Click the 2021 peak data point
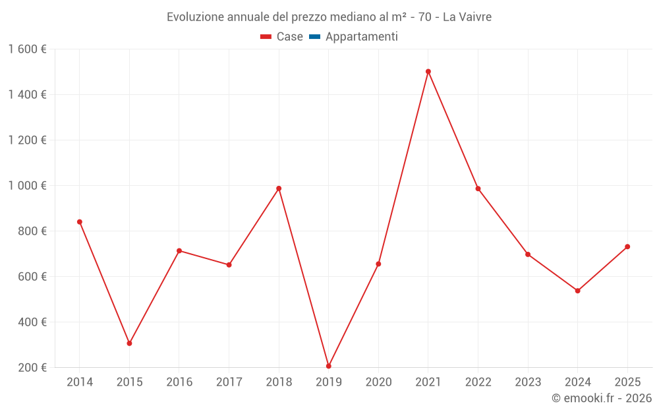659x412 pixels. pyautogui.click(x=428, y=71)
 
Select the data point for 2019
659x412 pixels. pyautogui.click(x=329, y=366)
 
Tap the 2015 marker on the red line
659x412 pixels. pyautogui.click(x=129, y=343)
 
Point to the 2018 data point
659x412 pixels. pyautogui.click(x=279, y=189)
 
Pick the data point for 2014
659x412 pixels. pyautogui.click(x=80, y=222)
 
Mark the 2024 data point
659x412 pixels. pyautogui.click(x=578, y=291)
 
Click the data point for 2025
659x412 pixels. pyautogui.click(x=627, y=247)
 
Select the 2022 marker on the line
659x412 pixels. pyautogui.click(x=478, y=189)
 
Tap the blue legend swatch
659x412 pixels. pyautogui.click(x=314, y=37)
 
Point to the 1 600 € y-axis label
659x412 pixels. pyautogui.click(x=27, y=49)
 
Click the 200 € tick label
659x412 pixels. pyautogui.click(x=32, y=368)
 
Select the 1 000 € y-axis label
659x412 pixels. pyautogui.click(x=27, y=186)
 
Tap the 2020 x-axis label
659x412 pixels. pyautogui.click(x=378, y=382)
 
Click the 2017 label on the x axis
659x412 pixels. pyautogui.click(x=229, y=382)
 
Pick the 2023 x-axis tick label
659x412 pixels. pyautogui.click(x=528, y=382)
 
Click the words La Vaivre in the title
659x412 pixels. pyautogui.click(x=467, y=17)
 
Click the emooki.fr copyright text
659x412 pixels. pyautogui.click(x=602, y=398)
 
